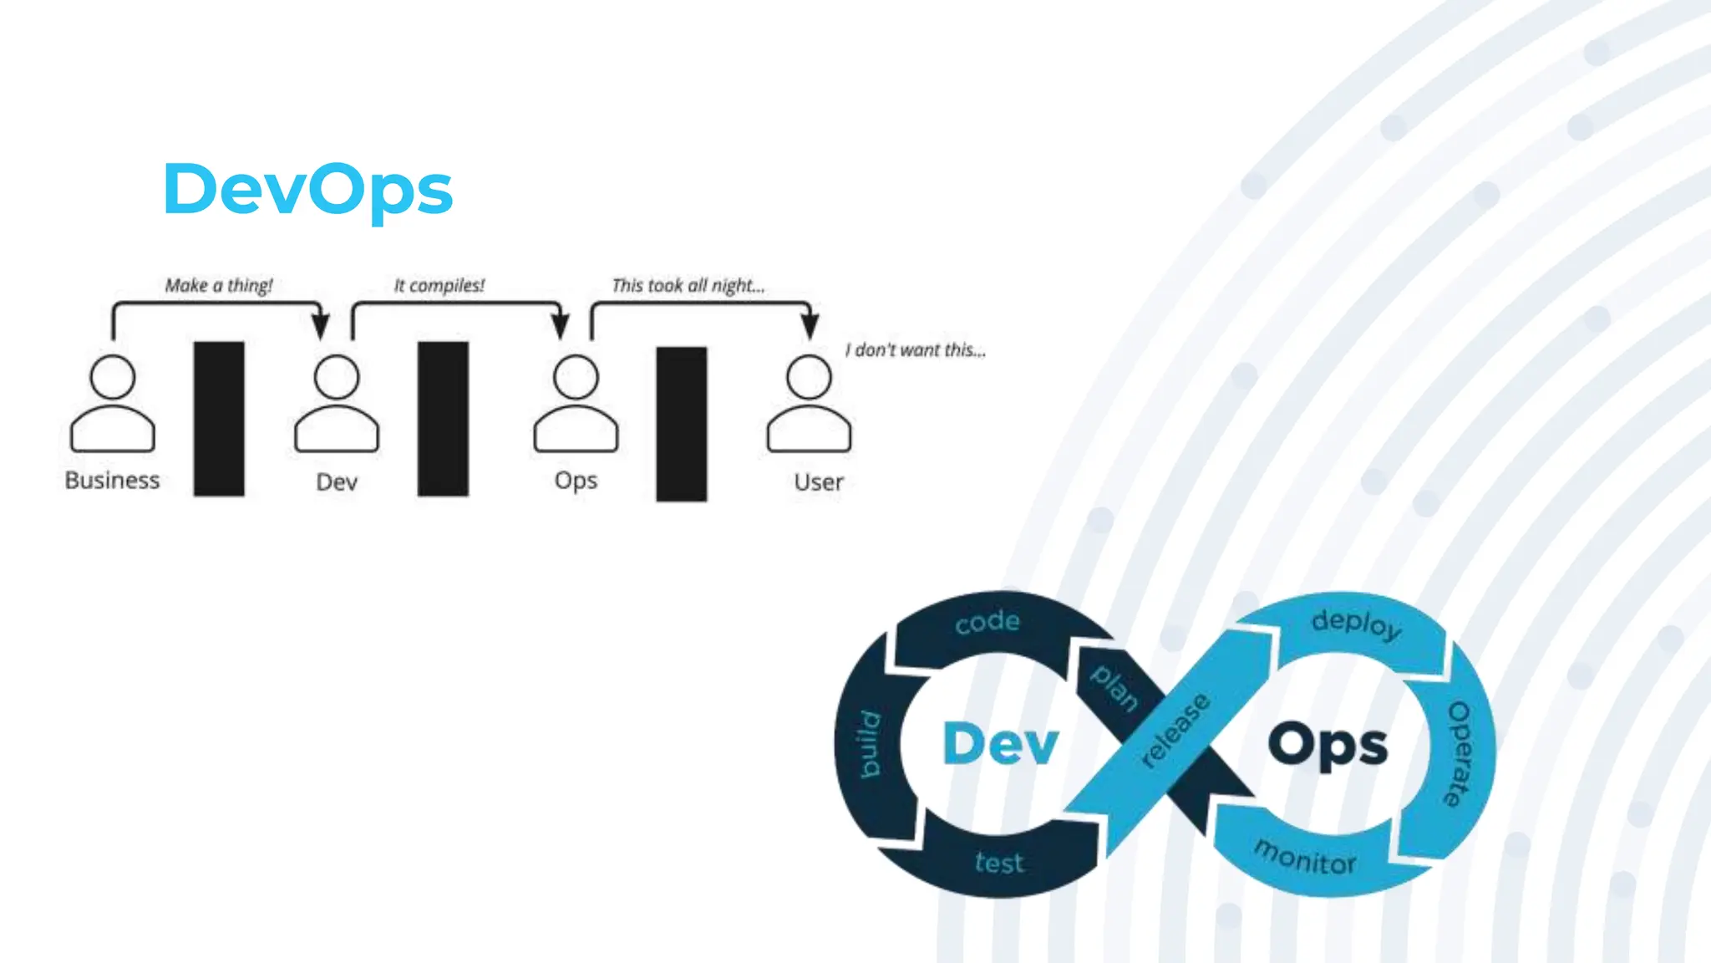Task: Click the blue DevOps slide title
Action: [x=307, y=190]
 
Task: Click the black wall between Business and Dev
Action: [x=219, y=418]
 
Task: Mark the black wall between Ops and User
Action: [x=681, y=424]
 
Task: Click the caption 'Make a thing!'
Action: [x=219, y=286]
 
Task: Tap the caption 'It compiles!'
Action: [x=439, y=286]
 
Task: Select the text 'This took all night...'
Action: [x=688, y=286]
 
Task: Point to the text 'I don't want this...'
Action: [x=916, y=350]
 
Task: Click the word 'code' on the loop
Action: [x=988, y=622]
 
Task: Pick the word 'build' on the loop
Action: [x=871, y=744]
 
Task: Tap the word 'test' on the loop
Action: [x=999, y=862]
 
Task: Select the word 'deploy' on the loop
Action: [x=1356, y=624]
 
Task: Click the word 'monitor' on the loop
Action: [x=1305, y=858]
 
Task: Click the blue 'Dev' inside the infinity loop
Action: [x=1000, y=743]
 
